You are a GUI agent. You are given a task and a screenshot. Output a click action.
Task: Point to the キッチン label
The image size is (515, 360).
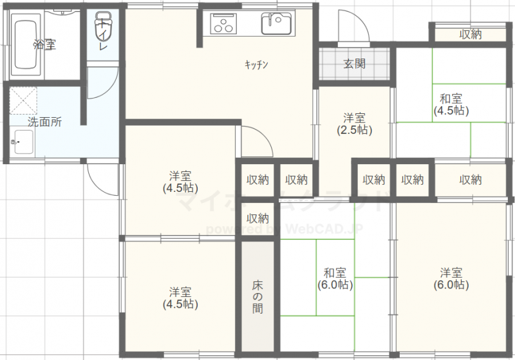(x=256, y=64)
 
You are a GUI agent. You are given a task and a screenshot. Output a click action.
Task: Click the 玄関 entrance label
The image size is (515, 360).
(x=354, y=64)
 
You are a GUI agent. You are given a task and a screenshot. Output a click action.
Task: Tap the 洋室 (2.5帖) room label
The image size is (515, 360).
(x=355, y=124)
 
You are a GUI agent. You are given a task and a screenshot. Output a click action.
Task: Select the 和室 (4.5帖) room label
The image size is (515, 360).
(x=451, y=104)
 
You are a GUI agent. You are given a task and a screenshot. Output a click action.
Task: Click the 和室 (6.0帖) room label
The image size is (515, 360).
(x=335, y=278)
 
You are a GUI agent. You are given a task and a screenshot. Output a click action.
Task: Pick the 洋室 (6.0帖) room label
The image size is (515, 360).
(x=451, y=278)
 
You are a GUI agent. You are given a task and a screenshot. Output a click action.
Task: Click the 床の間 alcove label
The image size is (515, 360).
(x=257, y=297)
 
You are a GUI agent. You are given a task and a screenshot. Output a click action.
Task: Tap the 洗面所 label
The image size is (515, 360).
(x=44, y=122)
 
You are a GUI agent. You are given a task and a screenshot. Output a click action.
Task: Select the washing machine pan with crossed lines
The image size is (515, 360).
(x=24, y=102)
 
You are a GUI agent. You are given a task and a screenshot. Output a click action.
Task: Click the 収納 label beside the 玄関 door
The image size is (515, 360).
(x=471, y=34)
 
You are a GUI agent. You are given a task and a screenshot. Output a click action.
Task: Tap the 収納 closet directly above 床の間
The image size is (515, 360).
(x=257, y=218)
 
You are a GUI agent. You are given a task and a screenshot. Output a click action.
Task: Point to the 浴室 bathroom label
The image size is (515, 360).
(x=45, y=44)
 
